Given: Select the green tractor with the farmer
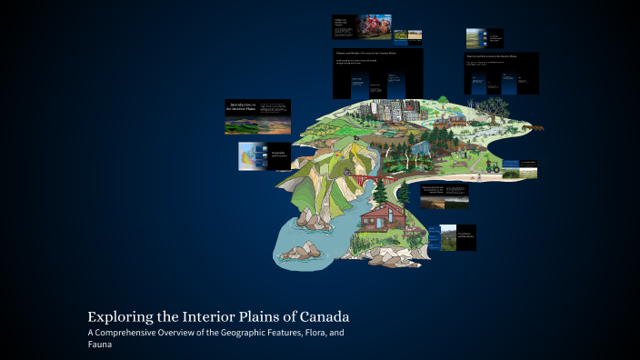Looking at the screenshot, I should pyautogui.click(x=491, y=165).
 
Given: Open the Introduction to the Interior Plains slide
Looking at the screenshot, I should pyautogui.click(x=258, y=117).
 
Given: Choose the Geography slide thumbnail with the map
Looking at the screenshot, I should pyautogui.click(x=264, y=156).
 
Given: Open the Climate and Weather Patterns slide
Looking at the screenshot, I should pyautogui.click(x=377, y=73).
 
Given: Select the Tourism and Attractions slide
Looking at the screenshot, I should pyautogui.click(x=502, y=74).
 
